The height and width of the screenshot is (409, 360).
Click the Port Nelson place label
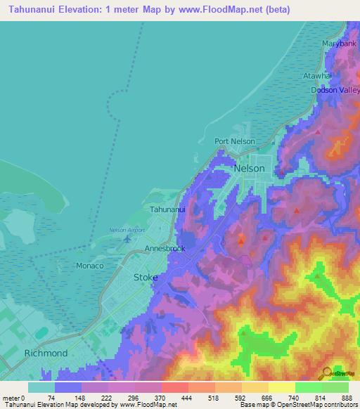click(x=234, y=141)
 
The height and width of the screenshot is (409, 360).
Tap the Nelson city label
click(x=250, y=169)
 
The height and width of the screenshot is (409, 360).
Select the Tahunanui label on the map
click(x=167, y=209)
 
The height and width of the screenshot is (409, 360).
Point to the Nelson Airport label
click(x=127, y=230)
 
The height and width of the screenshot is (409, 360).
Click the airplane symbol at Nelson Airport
click(x=127, y=239)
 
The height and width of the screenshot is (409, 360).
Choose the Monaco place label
click(x=89, y=266)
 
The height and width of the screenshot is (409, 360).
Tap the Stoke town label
click(x=146, y=278)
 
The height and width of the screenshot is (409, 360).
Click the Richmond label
click(x=46, y=353)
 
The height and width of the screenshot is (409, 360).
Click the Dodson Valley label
click(x=335, y=90)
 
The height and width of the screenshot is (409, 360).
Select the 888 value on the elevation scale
click(x=347, y=397)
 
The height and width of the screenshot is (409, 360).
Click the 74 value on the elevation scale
click(x=51, y=397)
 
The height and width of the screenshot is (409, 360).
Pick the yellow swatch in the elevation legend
click(x=282, y=387)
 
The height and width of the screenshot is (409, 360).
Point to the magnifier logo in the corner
click(x=328, y=372)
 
